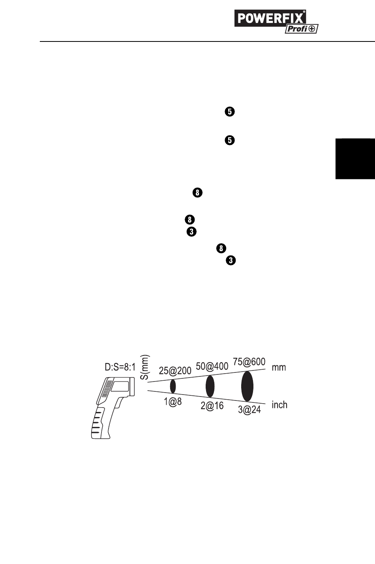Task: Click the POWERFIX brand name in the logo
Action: click(x=270, y=18)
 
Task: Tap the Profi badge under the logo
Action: click(x=302, y=29)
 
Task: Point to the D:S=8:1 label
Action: click(x=120, y=367)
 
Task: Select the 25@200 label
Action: click(x=175, y=371)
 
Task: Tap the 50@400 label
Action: click(x=212, y=367)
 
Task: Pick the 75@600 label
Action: click(x=249, y=362)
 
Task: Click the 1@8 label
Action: click(x=173, y=402)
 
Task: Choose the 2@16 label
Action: click(x=212, y=406)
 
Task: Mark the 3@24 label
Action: click(x=249, y=410)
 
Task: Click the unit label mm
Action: click(x=279, y=367)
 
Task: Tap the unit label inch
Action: click(x=279, y=405)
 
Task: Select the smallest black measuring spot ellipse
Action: click(x=172, y=386)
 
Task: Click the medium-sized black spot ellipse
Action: click(x=210, y=386)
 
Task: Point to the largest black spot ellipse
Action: click(x=247, y=386)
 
